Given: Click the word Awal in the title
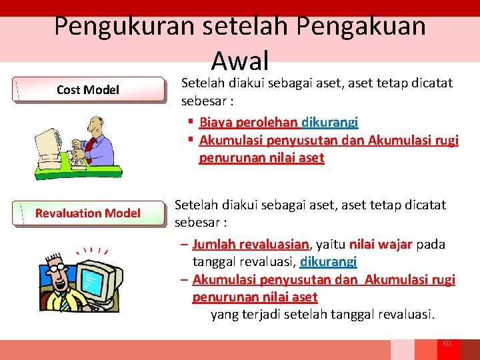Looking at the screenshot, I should pos(239,61).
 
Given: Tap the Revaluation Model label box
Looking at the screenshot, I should pos(89,213).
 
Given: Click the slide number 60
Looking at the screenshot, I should pos(447,343).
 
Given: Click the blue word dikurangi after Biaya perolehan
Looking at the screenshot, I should pos(330,122).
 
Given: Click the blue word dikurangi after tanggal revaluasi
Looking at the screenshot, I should pos(329,261).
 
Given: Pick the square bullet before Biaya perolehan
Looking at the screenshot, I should pos(190,122).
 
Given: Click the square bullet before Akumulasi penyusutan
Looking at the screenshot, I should pos(190,140).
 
